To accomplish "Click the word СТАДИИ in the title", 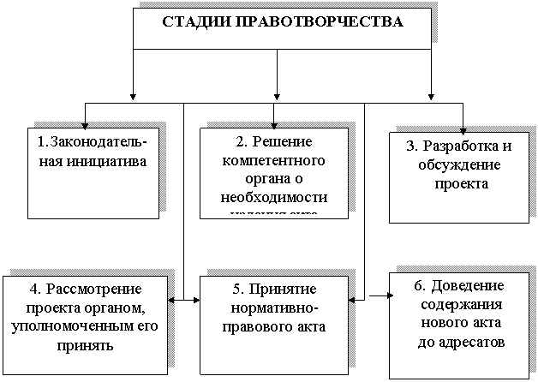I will (191, 21).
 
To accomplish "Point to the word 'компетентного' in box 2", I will (274, 160).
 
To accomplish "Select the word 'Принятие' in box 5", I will (286, 289).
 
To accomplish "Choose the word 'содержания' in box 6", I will (462, 304).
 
